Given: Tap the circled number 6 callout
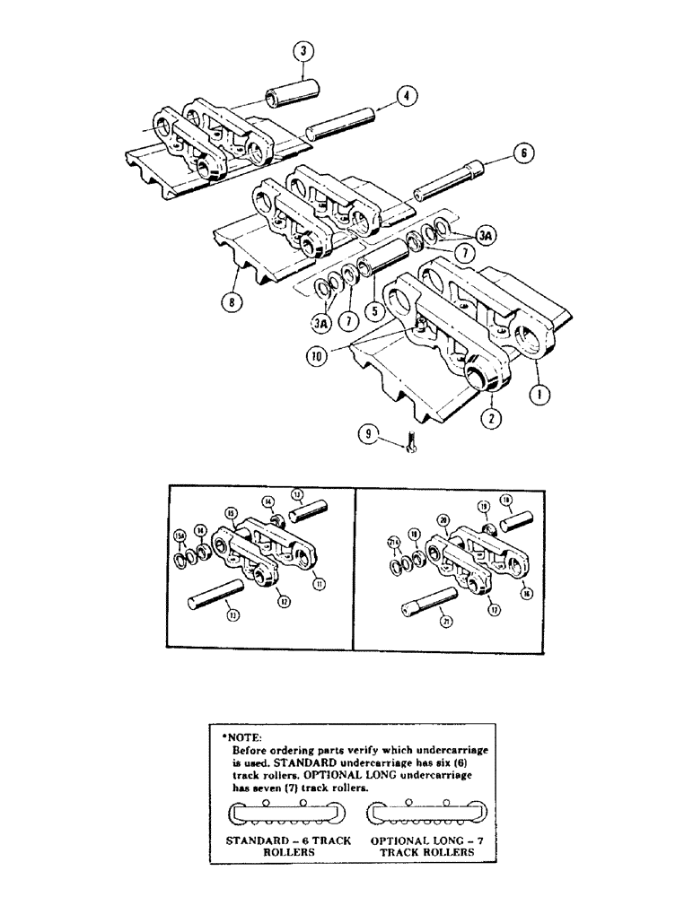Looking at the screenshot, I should point(526,153).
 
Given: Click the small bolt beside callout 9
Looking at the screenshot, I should point(412,442).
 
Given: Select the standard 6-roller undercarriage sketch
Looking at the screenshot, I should point(286,814).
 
